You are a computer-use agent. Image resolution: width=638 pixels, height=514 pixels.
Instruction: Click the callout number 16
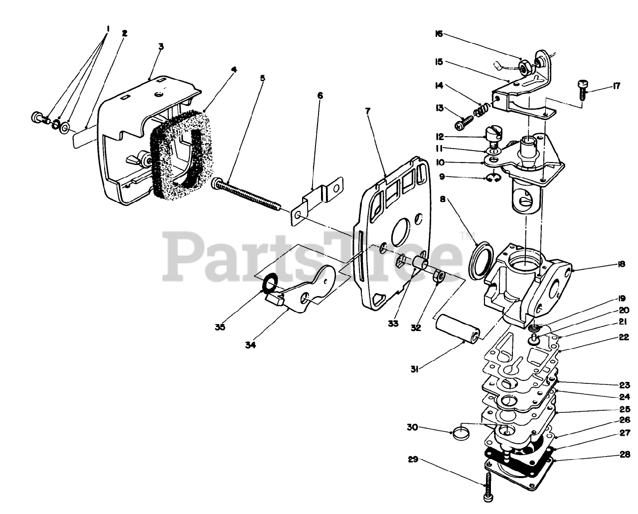click(439, 34)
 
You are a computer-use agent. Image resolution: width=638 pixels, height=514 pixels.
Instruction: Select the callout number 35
click(220, 327)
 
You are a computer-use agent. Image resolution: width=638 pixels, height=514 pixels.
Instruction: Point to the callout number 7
click(368, 110)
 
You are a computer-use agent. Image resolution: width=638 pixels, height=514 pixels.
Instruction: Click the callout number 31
click(414, 369)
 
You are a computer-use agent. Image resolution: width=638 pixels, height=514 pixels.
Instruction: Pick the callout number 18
click(621, 265)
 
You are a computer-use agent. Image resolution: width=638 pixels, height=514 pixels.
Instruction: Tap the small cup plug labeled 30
click(460, 431)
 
